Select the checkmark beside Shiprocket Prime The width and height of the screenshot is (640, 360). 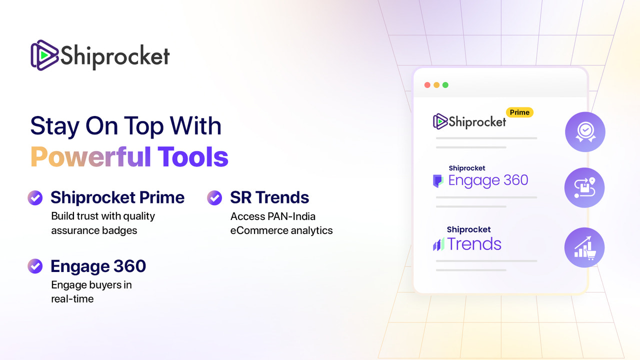pyautogui.click(x=35, y=197)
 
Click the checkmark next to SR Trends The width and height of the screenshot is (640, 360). pyautogui.click(x=214, y=197)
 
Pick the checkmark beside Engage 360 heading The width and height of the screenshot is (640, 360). pyautogui.click(x=35, y=266)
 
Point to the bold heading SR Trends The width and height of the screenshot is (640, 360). pyautogui.click(x=269, y=197)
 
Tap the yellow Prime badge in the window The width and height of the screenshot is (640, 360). pyautogui.click(x=519, y=112)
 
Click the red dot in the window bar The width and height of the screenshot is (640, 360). pyautogui.click(x=427, y=85)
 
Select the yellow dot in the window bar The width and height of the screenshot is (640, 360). pyautogui.click(x=436, y=85)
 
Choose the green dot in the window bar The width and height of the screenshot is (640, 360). pyautogui.click(x=445, y=85)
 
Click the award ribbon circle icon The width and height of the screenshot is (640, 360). pyautogui.click(x=585, y=132)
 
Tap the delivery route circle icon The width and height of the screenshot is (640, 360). pyautogui.click(x=584, y=188)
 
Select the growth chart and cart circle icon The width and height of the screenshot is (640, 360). pyautogui.click(x=584, y=247)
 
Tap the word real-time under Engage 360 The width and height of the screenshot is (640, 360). pyautogui.click(x=72, y=299)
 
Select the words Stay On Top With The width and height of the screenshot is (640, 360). pyautogui.click(x=126, y=125)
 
